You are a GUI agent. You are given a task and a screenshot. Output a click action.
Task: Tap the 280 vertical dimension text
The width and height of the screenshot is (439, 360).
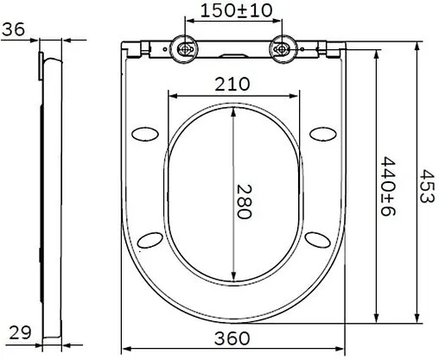coord(244,200)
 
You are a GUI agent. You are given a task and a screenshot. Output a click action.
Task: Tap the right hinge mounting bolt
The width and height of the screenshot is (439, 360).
coord(280,48)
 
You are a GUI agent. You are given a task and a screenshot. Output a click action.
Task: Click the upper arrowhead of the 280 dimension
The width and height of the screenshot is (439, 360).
coord(232,111)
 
